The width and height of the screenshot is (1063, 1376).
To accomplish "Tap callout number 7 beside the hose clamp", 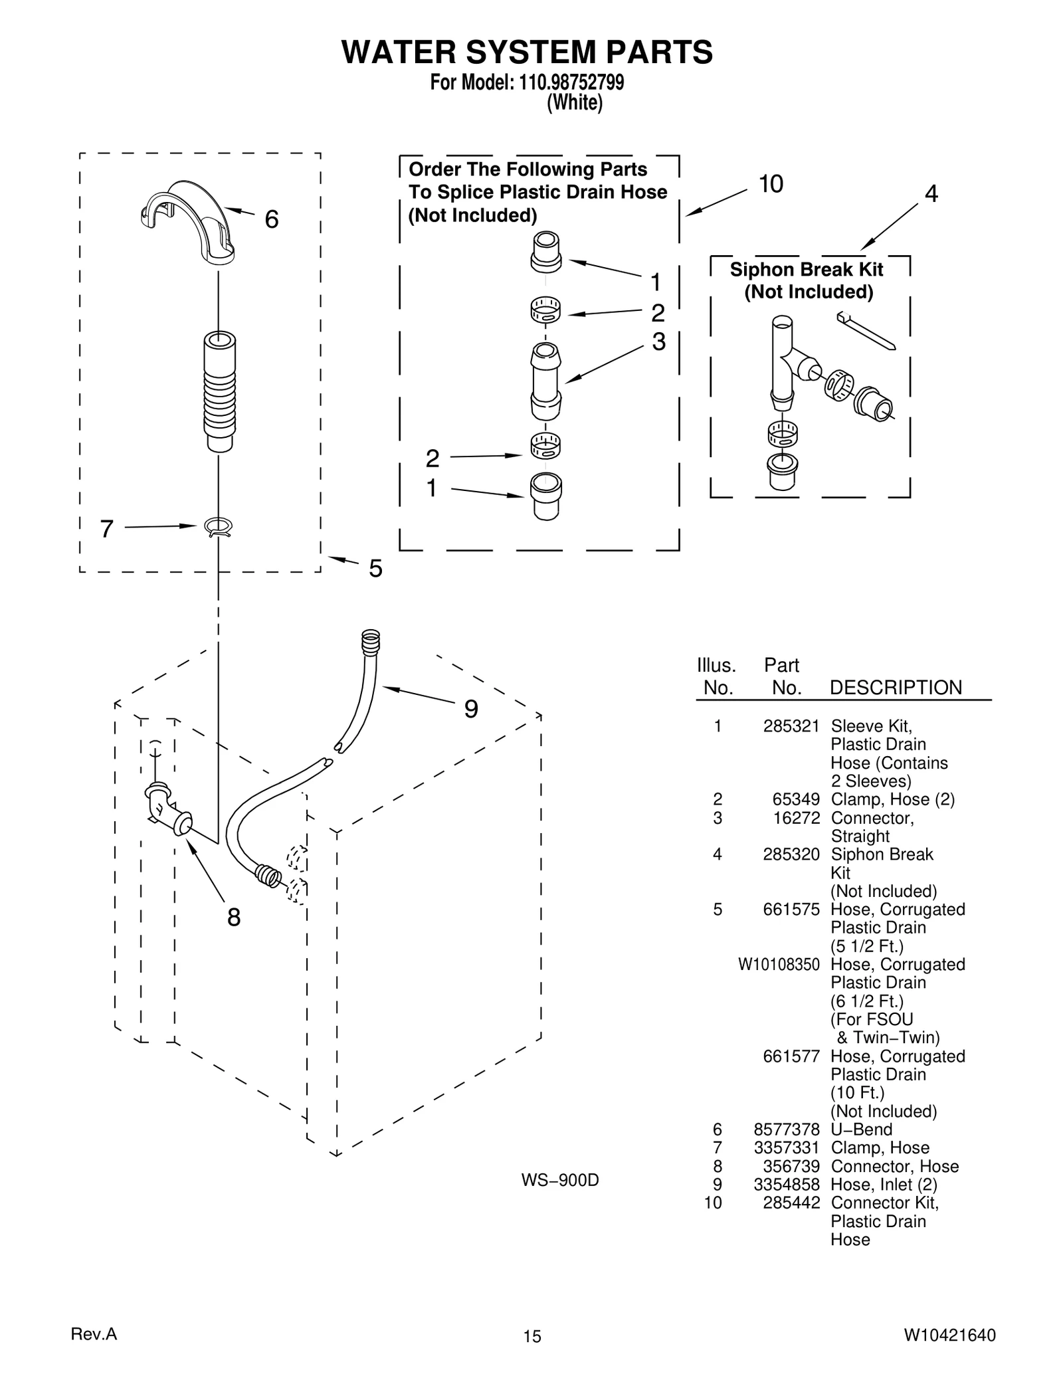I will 107,529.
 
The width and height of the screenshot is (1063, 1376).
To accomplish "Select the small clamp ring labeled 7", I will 219,527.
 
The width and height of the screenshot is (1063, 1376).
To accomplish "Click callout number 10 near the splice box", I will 771,184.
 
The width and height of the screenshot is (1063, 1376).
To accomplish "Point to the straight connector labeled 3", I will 545,382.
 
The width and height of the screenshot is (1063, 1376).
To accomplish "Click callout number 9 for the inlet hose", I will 470,710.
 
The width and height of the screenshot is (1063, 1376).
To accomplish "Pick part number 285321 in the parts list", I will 791,726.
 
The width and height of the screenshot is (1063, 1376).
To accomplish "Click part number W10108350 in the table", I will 778,964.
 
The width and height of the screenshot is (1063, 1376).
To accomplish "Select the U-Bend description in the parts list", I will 861,1130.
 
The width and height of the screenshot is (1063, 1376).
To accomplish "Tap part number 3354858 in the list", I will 787,1185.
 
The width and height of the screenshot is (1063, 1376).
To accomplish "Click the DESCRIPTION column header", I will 895,688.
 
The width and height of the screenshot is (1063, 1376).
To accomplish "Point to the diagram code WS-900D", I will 559,1180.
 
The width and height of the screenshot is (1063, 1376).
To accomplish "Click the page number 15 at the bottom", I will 531,1337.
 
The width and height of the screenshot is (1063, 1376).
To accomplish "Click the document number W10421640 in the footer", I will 949,1336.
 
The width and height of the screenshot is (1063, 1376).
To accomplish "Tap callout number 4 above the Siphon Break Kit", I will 931,194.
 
